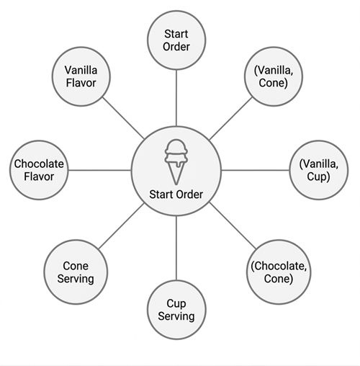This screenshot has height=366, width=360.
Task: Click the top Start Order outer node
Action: [x=176, y=40]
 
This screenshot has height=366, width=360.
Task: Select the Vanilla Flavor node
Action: [x=81, y=76]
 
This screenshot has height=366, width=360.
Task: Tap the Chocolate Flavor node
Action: [x=39, y=170]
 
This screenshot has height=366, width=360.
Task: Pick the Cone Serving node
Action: [x=76, y=272]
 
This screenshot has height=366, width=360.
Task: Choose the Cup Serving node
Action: [x=176, y=310]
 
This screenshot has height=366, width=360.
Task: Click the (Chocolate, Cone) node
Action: [x=279, y=272]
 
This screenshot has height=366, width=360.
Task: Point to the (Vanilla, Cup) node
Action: [x=319, y=170]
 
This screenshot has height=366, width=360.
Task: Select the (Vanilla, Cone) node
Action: [x=274, y=76]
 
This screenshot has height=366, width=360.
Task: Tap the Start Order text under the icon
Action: [x=176, y=195]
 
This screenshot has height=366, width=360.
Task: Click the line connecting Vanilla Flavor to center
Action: [x=123, y=118]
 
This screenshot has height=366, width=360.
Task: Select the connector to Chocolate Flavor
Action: [x=100, y=170]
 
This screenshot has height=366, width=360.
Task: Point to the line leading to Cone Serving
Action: [x=121, y=226]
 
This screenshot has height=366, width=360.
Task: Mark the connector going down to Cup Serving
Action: [x=176, y=248]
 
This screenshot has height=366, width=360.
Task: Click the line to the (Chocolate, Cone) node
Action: [x=233, y=226]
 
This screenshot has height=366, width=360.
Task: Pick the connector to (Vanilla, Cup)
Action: [x=256, y=170]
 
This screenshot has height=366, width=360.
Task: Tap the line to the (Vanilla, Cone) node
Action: [x=230, y=118]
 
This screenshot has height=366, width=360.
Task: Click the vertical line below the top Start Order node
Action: [x=176, y=98]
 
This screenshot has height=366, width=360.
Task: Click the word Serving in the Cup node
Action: [x=176, y=316]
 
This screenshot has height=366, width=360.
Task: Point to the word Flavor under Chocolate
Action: [x=39, y=177]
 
